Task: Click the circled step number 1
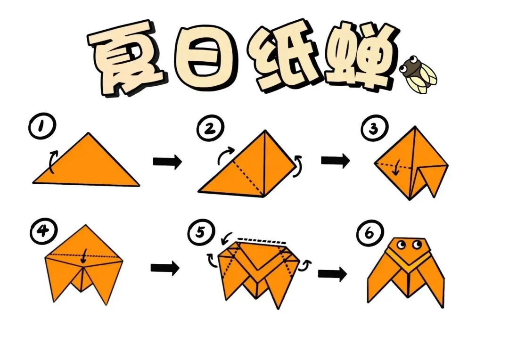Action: point(42,126)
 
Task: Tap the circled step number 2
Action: point(211,128)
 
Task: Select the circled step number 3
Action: point(374,128)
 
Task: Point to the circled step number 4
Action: point(43,232)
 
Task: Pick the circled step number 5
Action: point(201,232)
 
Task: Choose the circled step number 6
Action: point(370,233)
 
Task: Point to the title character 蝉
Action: point(361,55)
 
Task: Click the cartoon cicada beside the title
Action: point(418,74)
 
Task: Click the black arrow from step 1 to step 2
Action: point(167,161)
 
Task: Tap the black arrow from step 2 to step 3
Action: point(336,160)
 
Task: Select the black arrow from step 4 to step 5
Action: point(165,268)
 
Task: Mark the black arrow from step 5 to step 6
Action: point(332,274)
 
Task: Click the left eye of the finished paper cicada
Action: point(402,245)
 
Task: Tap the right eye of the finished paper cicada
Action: point(417,245)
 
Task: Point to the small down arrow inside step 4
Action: point(84,256)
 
